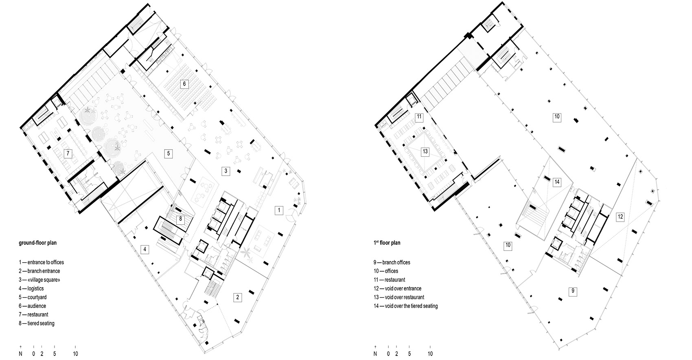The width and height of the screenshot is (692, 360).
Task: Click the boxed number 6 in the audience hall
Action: tap(184, 84)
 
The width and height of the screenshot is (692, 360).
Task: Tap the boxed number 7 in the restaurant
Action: tap(68, 154)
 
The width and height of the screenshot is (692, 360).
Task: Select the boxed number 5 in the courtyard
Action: tap(169, 154)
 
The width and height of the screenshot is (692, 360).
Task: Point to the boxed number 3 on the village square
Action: tap(226, 171)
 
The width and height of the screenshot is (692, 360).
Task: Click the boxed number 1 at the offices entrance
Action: tap(279, 211)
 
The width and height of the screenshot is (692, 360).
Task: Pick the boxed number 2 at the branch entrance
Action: tap(238, 297)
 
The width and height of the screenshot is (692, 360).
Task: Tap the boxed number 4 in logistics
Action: tap(145, 249)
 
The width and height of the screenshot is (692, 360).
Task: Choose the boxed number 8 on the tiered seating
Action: tap(180, 220)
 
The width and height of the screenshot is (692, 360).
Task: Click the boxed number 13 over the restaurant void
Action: tap(425, 151)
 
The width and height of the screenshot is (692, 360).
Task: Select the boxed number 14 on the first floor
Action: tap(557, 182)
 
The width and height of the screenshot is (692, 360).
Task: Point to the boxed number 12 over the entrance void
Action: tap(620, 217)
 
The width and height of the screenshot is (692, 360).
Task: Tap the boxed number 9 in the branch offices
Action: tap(573, 291)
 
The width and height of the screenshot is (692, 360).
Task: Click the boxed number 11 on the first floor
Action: tap(419, 117)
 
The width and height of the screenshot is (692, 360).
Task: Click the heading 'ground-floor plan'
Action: tap(38, 243)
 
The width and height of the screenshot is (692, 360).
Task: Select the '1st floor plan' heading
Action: tap(387, 243)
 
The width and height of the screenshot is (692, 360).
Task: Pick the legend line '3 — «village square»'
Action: tap(39, 280)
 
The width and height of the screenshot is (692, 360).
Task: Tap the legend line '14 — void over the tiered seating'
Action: tap(405, 306)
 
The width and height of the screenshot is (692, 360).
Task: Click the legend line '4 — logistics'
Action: tap(31, 288)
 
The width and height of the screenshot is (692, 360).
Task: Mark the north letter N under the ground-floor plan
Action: tap(20, 354)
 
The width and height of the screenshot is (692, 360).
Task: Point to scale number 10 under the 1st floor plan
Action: tap(430, 354)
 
